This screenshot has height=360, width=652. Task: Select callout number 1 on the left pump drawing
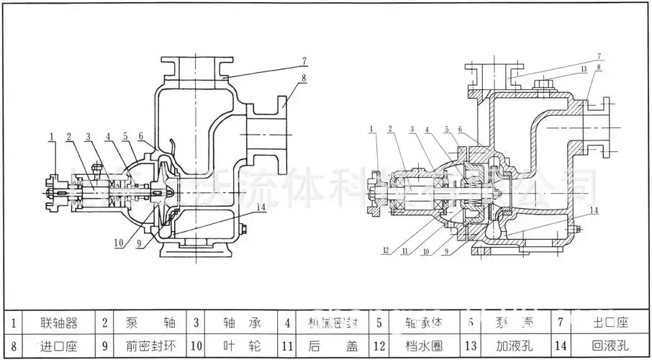(x=53, y=135)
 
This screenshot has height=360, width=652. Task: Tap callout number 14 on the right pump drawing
(x=594, y=210)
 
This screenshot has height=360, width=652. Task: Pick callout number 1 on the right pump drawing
(x=371, y=130)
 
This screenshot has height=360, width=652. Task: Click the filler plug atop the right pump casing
(x=543, y=87)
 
